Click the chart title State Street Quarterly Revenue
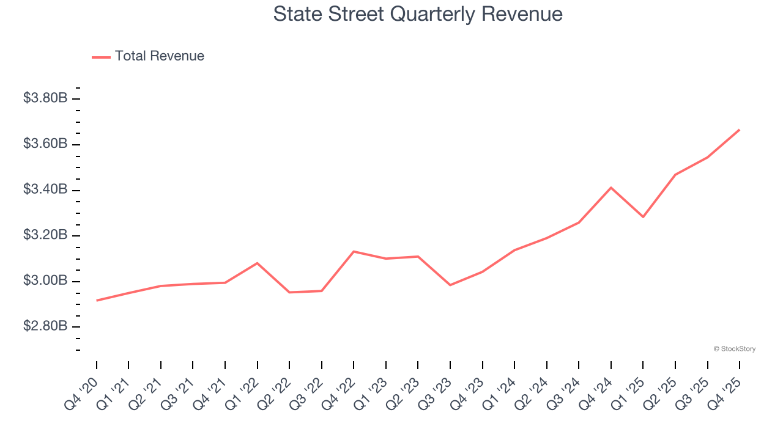point(418,13)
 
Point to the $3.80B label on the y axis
point(45,98)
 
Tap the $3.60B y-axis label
point(45,144)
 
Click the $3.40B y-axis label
point(45,189)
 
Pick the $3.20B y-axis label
point(45,235)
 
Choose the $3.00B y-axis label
point(45,281)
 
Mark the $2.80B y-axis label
point(45,326)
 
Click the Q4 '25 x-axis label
point(726,392)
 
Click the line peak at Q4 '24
point(611,188)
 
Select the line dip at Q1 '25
point(643,217)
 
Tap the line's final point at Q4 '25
point(739,130)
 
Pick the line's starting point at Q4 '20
point(97,300)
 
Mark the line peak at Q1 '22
point(257,263)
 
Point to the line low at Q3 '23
point(450,285)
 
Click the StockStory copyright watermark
point(734,349)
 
